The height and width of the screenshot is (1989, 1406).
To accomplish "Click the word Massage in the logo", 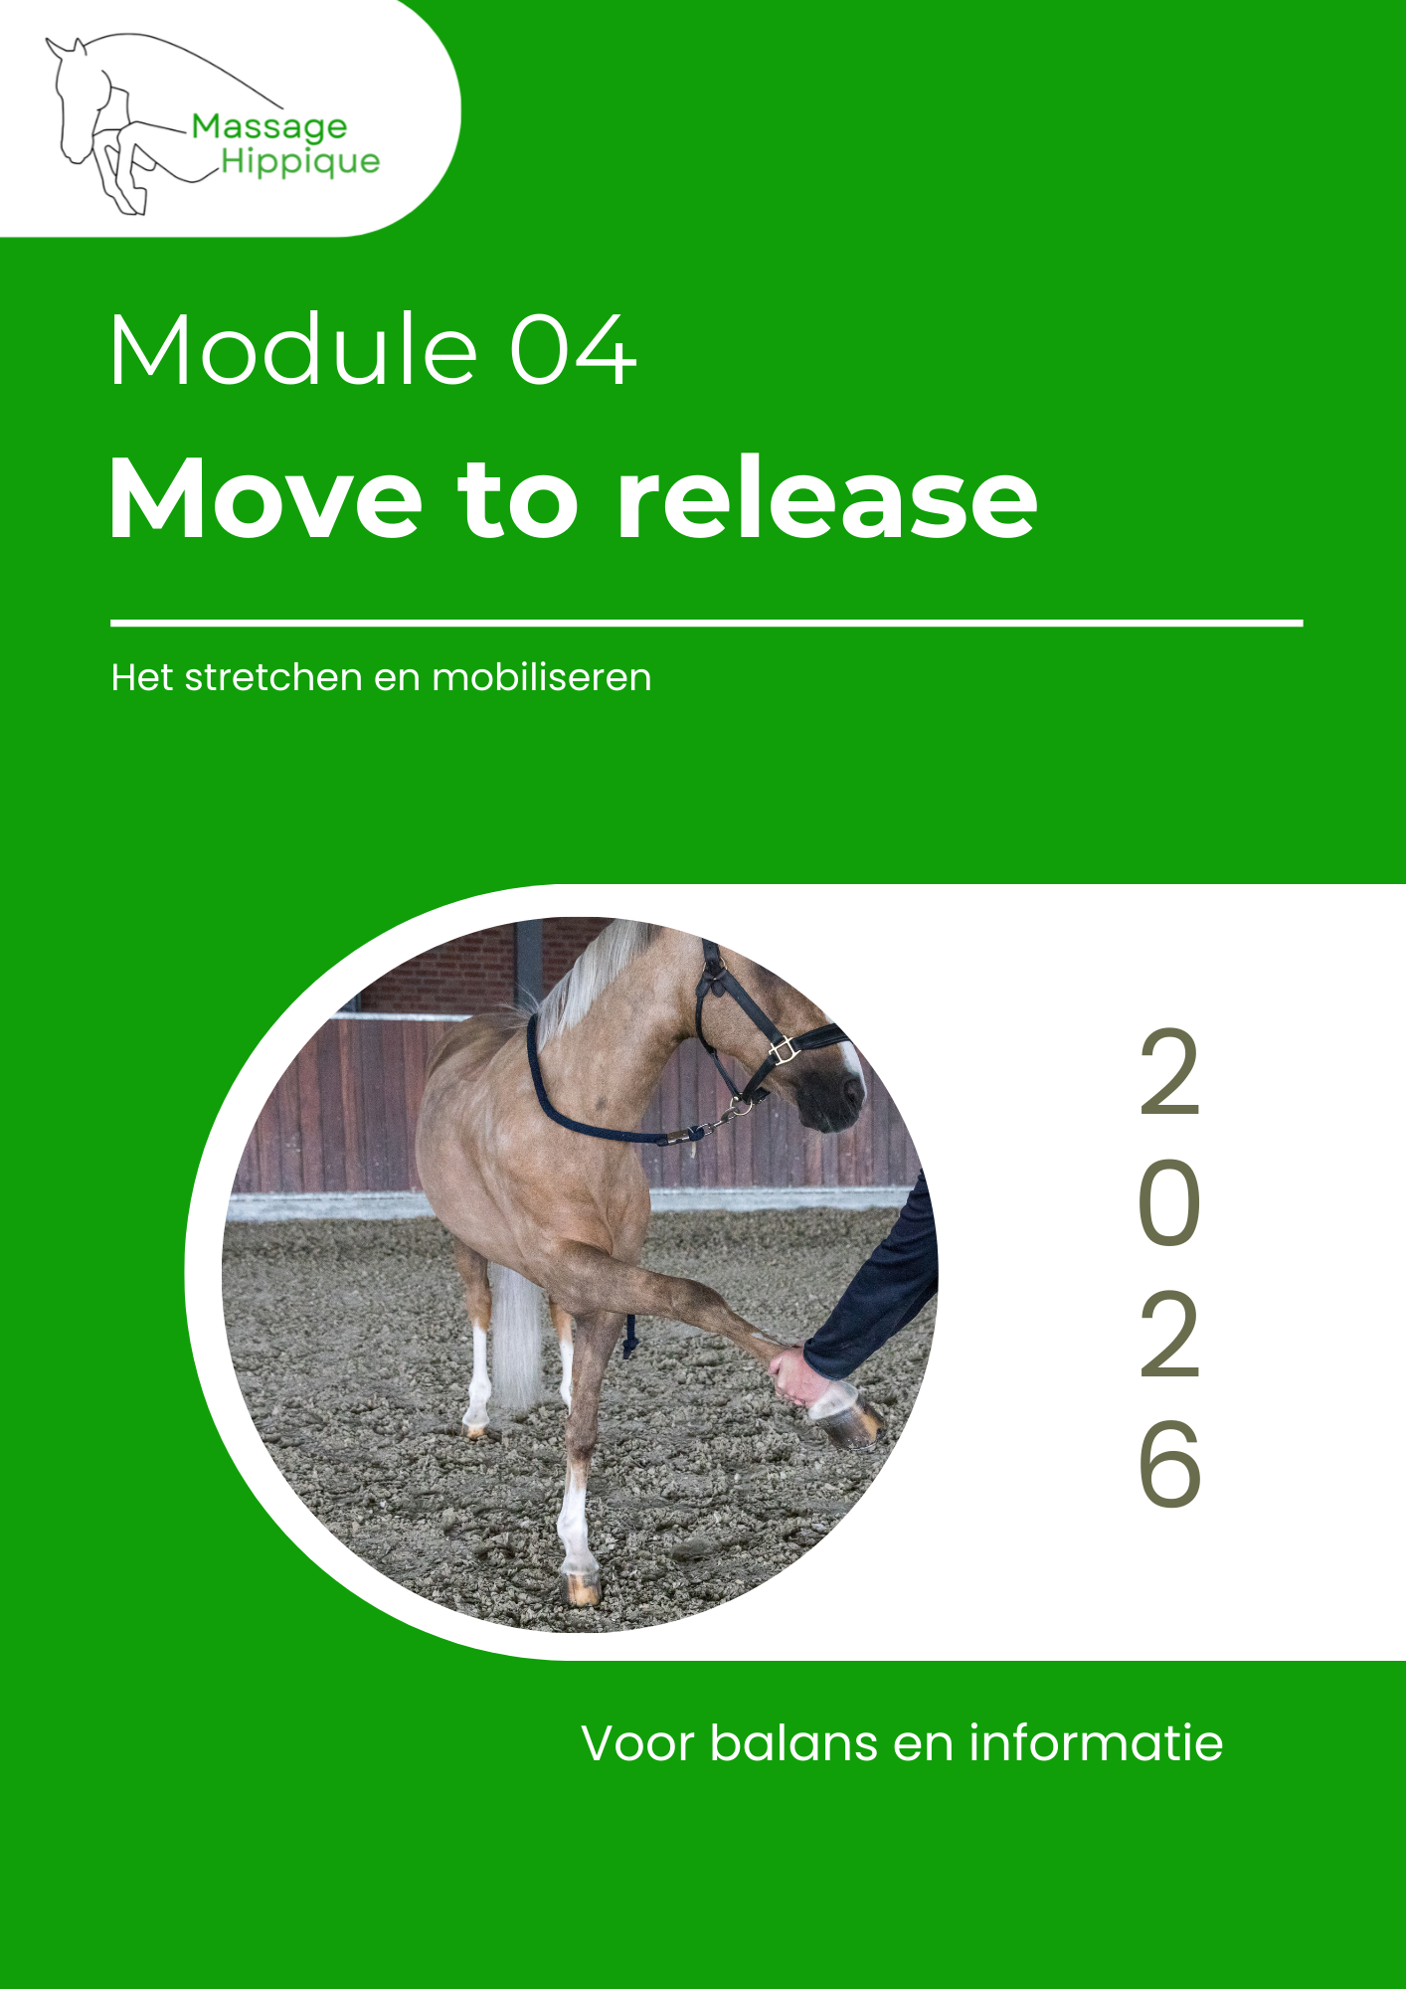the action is [x=269, y=128].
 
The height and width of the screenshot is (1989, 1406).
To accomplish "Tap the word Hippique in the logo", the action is [x=300, y=162].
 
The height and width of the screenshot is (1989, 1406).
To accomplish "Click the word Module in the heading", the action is [x=294, y=350].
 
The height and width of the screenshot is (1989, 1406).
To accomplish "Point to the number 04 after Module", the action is [x=573, y=350].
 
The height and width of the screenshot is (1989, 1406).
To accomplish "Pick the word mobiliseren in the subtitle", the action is [x=542, y=677].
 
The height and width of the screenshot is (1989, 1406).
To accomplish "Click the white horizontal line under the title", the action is [x=706, y=624].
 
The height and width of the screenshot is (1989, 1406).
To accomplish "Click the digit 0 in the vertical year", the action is [x=1169, y=1204].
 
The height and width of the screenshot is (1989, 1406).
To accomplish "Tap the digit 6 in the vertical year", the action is [x=1170, y=1463].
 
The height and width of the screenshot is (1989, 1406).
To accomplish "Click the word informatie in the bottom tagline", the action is [x=1096, y=1743].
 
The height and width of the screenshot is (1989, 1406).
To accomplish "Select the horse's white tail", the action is [x=517, y=1338].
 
